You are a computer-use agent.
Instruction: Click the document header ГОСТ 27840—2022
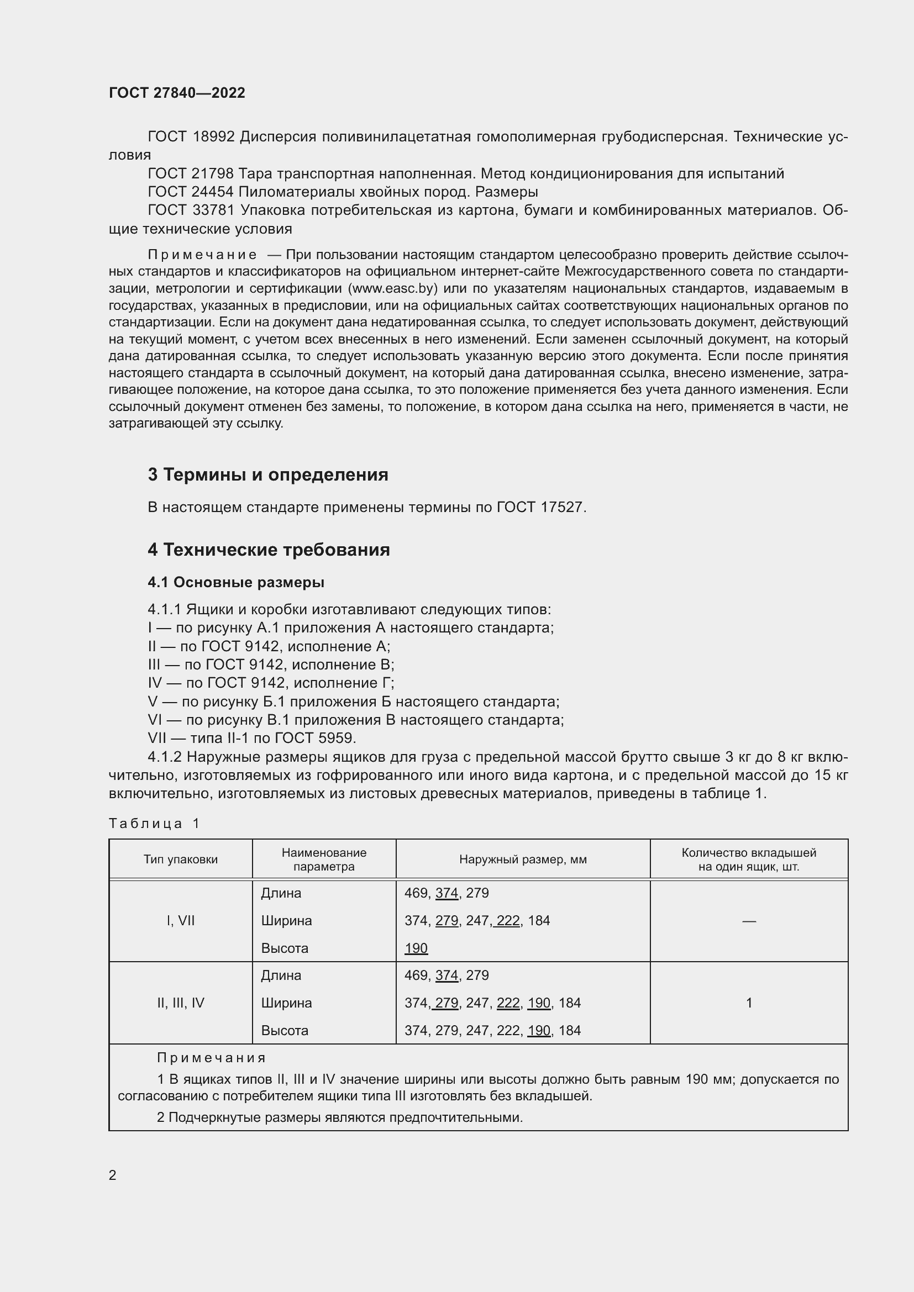pyautogui.click(x=177, y=93)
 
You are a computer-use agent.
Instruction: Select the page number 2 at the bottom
pyautogui.click(x=113, y=1175)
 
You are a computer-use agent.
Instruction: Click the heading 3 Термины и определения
pyautogui.click(x=268, y=474)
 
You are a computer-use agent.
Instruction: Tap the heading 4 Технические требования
pyautogui.click(x=269, y=549)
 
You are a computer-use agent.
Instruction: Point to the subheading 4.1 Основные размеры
pyautogui.click(x=236, y=582)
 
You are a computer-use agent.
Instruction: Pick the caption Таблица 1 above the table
pyautogui.click(x=154, y=823)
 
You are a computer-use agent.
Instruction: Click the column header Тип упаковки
pyautogui.click(x=181, y=859)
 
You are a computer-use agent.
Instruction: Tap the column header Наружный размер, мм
pyautogui.click(x=523, y=859)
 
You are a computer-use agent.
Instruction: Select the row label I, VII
pyautogui.click(x=181, y=921)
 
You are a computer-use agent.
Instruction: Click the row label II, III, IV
pyautogui.click(x=181, y=1003)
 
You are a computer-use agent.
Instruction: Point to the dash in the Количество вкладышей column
pyautogui.click(x=749, y=921)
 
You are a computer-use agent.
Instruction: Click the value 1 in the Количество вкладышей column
pyautogui.click(x=749, y=1003)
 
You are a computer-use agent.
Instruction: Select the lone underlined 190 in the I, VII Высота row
pyautogui.click(x=416, y=948)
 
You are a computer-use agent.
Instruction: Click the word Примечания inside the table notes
pyautogui.click(x=211, y=1058)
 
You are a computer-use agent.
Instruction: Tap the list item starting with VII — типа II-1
pyautogui.click(x=251, y=738)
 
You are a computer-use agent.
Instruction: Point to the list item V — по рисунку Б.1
pyautogui.click(x=353, y=701)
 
